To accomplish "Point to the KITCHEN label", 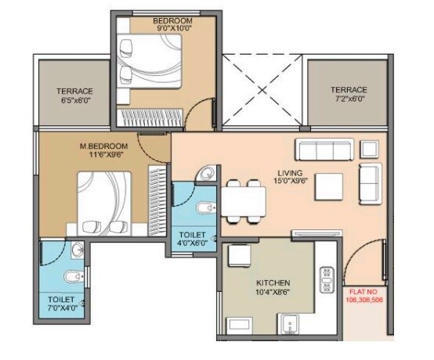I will (x=273, y=283).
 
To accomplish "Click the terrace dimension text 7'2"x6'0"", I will (x=347, y=99).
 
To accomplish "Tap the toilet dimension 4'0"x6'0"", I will (x=192, y=243).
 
